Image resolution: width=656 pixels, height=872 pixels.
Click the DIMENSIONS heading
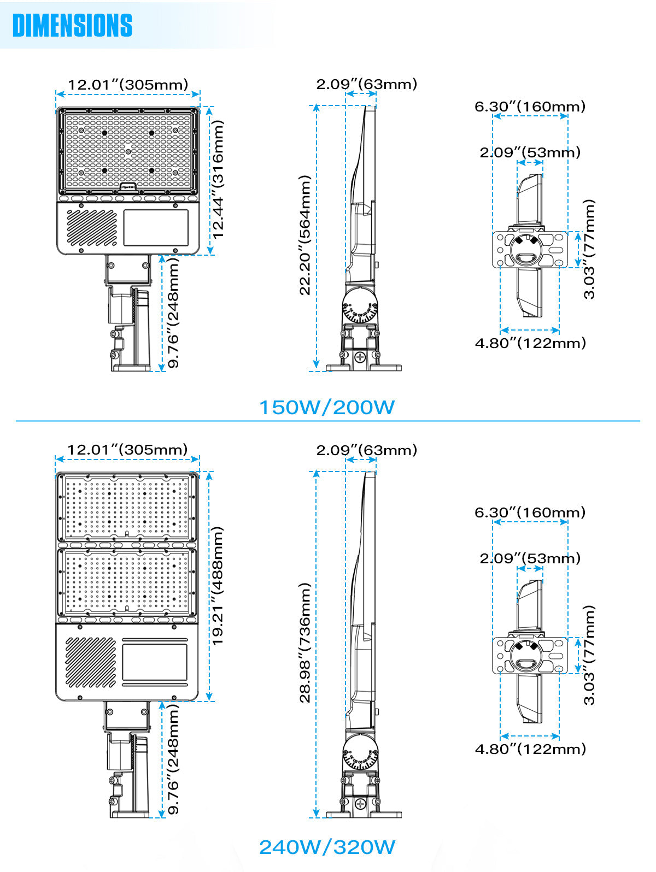point(72,25)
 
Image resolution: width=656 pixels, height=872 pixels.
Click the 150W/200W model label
point(326,408)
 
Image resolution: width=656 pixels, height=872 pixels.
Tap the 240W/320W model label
point(327,847)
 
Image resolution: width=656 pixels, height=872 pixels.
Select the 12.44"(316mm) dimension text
point(218,179)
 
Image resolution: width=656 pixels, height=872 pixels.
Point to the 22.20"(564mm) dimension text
point(305,235)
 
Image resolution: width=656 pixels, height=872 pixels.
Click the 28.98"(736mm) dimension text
point(305,643)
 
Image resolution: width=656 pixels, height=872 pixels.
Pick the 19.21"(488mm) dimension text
point(218,586)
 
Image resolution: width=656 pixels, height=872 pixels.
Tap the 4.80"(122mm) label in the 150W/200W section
point(530,343)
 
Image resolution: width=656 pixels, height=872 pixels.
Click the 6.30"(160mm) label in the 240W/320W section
point(530,512)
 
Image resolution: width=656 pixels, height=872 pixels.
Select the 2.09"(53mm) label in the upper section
point(530,152)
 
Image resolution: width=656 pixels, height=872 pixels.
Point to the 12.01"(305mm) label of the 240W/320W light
point(127,450)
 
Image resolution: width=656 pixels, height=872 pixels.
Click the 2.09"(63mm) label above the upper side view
point(366,84)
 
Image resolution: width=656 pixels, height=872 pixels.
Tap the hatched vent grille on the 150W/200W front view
point(92,228)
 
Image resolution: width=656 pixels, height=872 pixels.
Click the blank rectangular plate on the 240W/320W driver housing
point(154,662)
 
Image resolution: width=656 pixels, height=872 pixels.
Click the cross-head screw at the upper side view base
point(360,358)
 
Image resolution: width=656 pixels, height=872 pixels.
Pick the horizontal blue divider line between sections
point(328,421)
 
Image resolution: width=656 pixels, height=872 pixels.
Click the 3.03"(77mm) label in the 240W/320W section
point(589,655)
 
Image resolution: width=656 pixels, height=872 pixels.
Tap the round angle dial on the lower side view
point(360,755)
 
